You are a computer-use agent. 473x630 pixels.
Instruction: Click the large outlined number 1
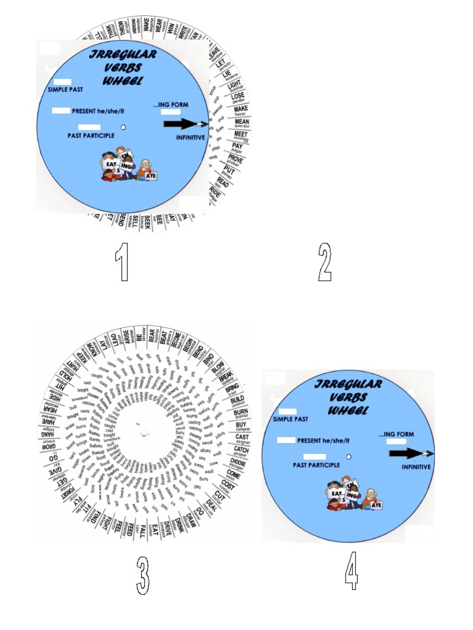click(x=123, y=263)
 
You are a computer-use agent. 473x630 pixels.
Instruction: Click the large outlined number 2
click(x=325, y=263)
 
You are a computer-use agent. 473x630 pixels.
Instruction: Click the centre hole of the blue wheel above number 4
click(x=349, y=457)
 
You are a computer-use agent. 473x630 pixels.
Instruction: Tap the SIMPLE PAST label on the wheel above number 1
click(x=66, y=90)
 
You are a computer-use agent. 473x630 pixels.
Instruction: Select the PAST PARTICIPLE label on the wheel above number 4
click(x=316, y=465)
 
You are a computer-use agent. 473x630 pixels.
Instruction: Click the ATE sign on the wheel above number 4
click(x=378, y=505)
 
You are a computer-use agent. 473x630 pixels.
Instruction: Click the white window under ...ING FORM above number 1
click(x=171, y=113)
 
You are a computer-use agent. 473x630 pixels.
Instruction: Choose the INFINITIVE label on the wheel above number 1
click(x=190, y=137)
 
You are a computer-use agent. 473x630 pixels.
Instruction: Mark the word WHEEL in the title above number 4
click(x=349, y=410)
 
